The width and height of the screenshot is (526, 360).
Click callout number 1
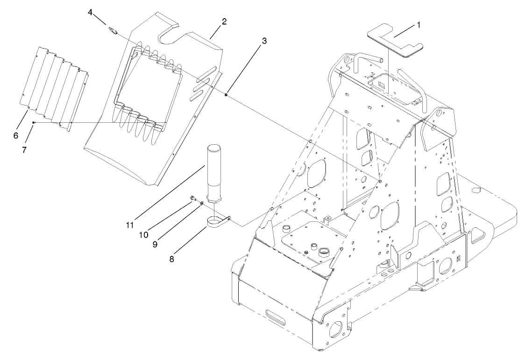419,25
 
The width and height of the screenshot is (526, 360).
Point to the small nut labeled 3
225,95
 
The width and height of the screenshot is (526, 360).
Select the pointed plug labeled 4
113,32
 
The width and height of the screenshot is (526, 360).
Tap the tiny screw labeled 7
34,122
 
